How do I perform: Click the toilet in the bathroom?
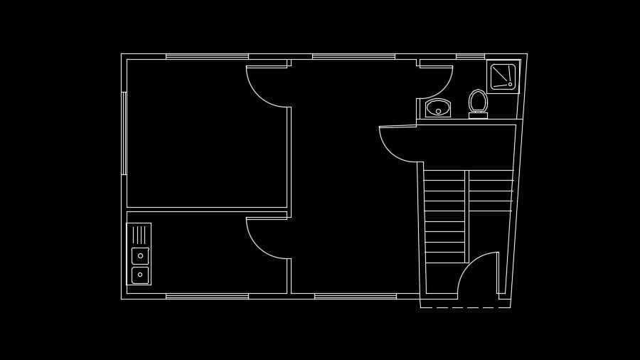478,100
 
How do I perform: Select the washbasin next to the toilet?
438,108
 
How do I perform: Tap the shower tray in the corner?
503,76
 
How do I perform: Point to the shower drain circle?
510,84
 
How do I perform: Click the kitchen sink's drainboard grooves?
139,235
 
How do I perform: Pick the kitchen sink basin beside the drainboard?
140,255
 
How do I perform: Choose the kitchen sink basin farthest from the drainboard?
140,275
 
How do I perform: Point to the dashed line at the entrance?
465,307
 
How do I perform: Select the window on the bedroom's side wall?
124,133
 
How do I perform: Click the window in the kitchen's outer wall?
207,296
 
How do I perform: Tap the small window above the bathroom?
470,56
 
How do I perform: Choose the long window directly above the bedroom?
207,56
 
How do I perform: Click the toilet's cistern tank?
478,115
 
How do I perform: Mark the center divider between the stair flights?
466,213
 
